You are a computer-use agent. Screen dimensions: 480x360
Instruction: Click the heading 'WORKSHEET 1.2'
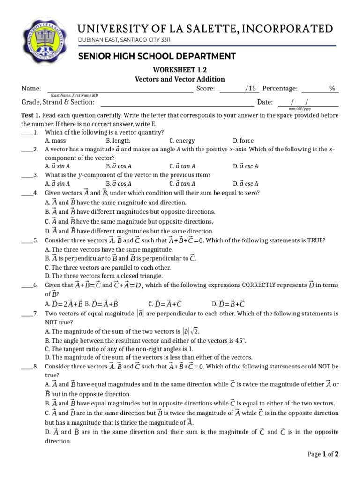pyautogui.click(x=180, y=70)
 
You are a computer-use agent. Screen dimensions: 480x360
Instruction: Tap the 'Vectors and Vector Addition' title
pyautogui.click(x=180, y=79)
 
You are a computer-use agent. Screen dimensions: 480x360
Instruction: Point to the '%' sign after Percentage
pyautogui.click(x=332, y=89)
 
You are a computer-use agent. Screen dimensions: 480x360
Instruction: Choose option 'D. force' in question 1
pyautogui.click(x=243, y=141)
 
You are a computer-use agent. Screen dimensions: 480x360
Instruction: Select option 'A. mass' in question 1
pyautogui.click(x=55, y=141)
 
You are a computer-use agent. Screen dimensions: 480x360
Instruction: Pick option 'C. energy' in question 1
pyautogui.click(x=182, y=141)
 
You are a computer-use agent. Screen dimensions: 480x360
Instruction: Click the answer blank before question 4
pyautogui.click(x=27, y=194)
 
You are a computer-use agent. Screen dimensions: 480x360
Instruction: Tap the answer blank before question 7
pyautogui.click(x=27, y=314)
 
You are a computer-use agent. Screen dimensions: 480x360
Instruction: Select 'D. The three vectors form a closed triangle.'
pyautogui.click(x=104, y=276)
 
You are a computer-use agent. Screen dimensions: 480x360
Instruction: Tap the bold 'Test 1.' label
pyautogui.click(x=31, y=115)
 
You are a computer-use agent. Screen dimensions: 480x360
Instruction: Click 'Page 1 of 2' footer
pyautogui.click(x=322, y=454)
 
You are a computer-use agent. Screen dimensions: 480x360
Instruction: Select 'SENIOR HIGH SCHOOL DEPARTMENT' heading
pyautogui.click(x=157, y=56)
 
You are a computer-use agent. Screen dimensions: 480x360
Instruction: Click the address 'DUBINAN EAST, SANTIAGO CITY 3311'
pyautogui.click(x=124, y=40)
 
